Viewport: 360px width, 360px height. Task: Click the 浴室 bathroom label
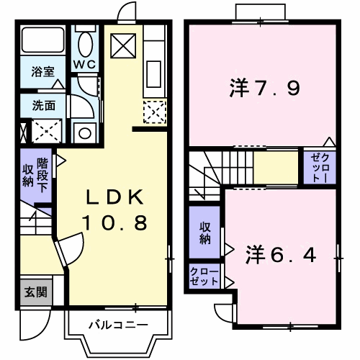43,71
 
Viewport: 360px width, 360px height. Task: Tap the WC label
85,64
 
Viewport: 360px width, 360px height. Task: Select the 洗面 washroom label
44,105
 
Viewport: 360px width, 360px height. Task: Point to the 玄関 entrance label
36,292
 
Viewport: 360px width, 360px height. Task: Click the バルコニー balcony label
118,325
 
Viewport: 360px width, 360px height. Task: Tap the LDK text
114,197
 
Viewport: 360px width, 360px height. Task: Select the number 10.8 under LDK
114,222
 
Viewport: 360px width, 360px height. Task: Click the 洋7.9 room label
264,88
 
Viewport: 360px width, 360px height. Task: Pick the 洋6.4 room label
281,254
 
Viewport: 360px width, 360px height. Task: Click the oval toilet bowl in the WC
86,45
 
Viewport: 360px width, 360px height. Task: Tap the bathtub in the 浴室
43,40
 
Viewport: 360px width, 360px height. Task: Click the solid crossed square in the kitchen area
123,46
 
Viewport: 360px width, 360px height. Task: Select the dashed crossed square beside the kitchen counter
155,112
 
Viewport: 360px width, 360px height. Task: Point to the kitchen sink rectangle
153,74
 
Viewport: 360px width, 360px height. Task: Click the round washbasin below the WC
84,133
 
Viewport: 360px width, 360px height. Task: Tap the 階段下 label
42,175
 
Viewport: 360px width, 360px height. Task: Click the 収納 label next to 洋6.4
204,233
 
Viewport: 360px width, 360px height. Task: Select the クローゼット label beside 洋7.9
320,167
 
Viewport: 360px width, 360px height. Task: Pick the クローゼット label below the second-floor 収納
204,276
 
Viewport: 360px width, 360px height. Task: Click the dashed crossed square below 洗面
47,131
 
